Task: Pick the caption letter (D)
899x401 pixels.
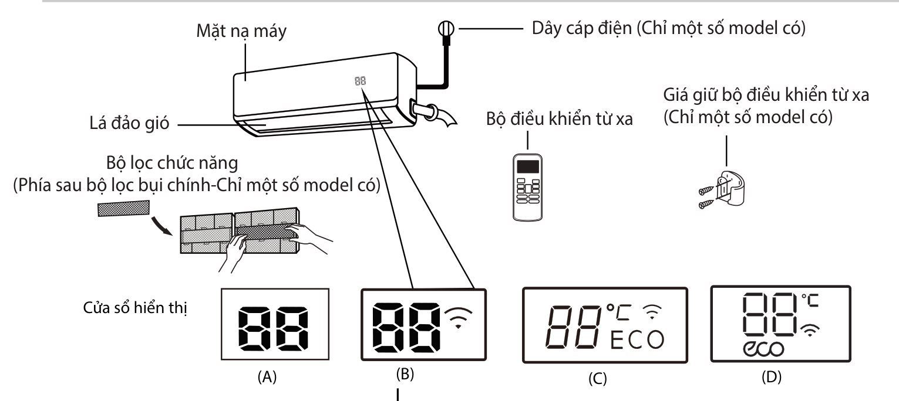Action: click(770, 378)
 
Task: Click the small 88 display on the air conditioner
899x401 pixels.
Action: click(360, 81)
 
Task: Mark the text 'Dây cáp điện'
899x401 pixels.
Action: click(566, 28)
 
